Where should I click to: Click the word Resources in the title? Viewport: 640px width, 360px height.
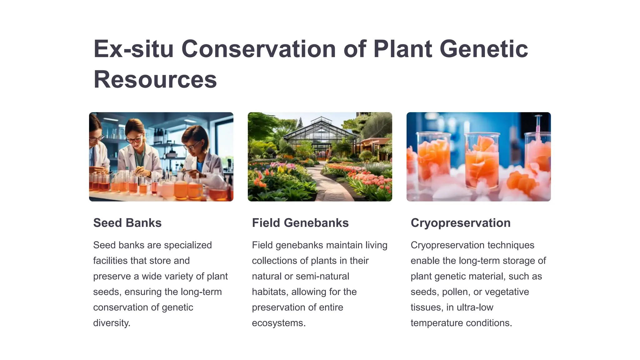pos(155,79)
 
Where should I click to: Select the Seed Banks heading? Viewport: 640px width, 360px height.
pos(127,223)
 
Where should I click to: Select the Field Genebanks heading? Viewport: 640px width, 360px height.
pos(300,223)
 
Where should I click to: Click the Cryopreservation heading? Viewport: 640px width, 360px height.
pos(460,223)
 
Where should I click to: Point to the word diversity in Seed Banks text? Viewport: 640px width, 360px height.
pos(111,323)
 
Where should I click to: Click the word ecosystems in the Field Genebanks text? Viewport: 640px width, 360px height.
pos(278,323)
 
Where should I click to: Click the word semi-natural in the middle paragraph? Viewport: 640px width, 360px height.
pos(322,276)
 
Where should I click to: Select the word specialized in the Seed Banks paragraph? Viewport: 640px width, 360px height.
pos(187,245)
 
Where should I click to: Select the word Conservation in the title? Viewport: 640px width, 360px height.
pos(258,49)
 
